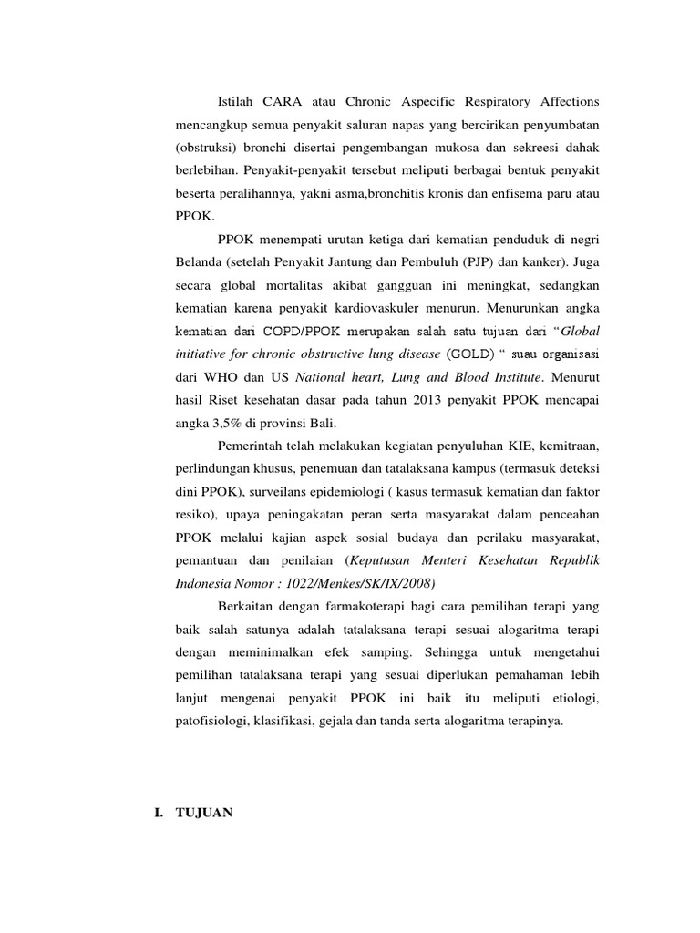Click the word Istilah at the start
238,99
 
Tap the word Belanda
199,261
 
